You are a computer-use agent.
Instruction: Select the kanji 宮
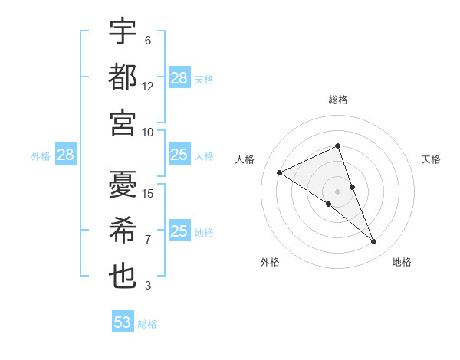123,122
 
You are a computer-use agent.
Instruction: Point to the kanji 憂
123,184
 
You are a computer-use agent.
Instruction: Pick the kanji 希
123,230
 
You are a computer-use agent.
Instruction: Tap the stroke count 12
148,87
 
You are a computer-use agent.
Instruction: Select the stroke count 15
148,193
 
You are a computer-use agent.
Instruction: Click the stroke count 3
148,286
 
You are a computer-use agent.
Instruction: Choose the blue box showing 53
123,322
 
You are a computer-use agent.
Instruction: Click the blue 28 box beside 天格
179,77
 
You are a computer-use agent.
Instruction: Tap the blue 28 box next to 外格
65,155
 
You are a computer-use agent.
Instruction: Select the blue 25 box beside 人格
179,155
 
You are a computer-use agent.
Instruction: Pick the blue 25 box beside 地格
179,231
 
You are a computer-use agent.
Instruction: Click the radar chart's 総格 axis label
337,100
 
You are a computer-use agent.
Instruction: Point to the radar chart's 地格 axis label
402,262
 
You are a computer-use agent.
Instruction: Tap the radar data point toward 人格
280,172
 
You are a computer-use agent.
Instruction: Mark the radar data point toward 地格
374,242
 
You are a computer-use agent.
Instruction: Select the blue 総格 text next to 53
147,323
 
